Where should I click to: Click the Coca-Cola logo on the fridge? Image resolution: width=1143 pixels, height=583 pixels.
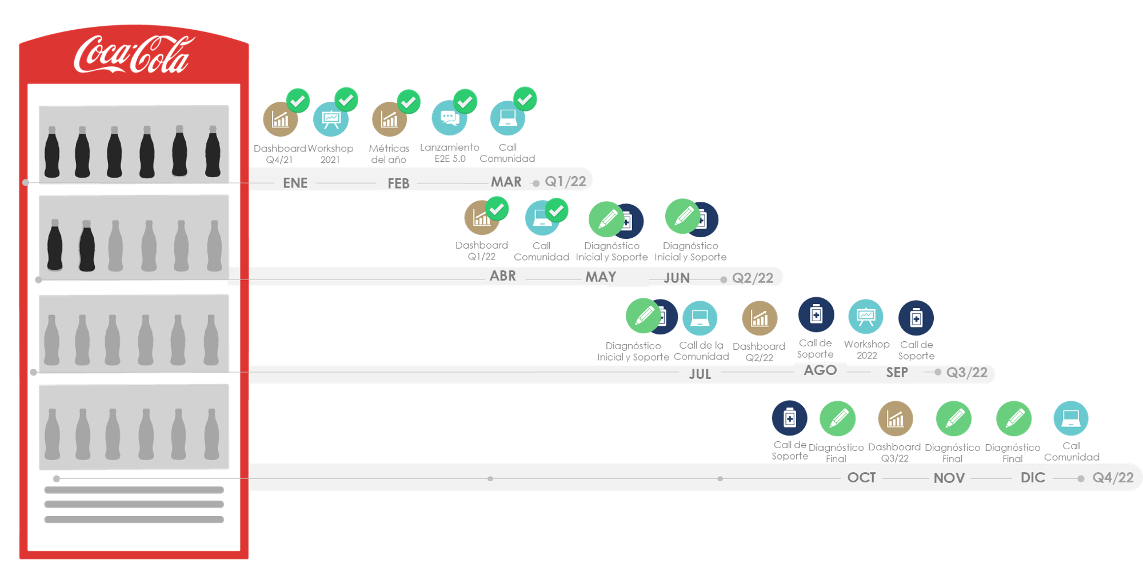(x=133, y=55)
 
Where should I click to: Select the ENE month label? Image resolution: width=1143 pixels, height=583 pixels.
(x=295, y=183)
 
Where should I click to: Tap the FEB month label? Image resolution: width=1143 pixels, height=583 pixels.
(x=398, y=183)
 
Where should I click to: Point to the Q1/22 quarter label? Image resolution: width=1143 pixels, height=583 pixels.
(x=565, y=182)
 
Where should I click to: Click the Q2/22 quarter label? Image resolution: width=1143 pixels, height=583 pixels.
(x=753, y=278)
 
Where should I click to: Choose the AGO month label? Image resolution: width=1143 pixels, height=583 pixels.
(x=820, y=370)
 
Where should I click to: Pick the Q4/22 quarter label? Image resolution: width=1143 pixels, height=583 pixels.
(x=1113, y=478)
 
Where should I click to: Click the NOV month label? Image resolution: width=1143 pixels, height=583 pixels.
(x=949, y=478)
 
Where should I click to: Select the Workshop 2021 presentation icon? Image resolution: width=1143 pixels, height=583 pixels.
(x=330, y=119)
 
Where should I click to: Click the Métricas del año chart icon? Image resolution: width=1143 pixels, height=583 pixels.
(x=389, y=119)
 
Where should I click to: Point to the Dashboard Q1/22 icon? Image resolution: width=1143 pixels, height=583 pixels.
(x=481, y=218)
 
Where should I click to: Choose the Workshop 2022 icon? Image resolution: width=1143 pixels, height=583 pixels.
(x=866, y=316)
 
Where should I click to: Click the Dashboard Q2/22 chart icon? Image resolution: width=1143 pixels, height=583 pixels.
(x=760, y=318)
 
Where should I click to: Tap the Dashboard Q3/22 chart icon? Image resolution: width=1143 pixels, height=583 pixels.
(x=895, y=419)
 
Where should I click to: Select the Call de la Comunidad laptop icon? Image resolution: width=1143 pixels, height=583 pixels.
(x=700, y=318)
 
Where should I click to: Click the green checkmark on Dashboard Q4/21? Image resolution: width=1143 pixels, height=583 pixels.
(x=298, y=101)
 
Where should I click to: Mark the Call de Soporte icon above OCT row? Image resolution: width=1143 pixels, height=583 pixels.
(x=789, y=418)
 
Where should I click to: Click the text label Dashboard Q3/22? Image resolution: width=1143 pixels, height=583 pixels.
(x=894, y=452)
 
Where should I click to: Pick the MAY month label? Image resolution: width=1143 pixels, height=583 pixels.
(x=601, y=277)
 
